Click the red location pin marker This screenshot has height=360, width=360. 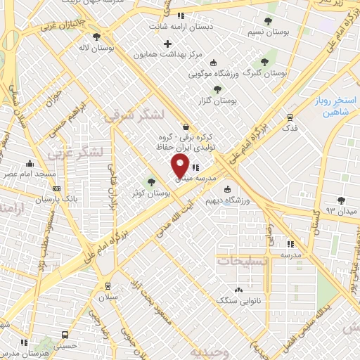(x=180, y=166)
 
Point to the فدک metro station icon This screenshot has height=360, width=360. (x=290, y=117)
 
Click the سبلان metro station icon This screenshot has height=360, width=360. (x=108, y=285)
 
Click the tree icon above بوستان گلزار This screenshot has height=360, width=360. (x=216, y=89)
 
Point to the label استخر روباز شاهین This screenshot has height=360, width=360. (x=334, y=106)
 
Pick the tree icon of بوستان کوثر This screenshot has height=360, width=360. (x=150, y=182)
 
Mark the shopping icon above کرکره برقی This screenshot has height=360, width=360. (x=186, y=127)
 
